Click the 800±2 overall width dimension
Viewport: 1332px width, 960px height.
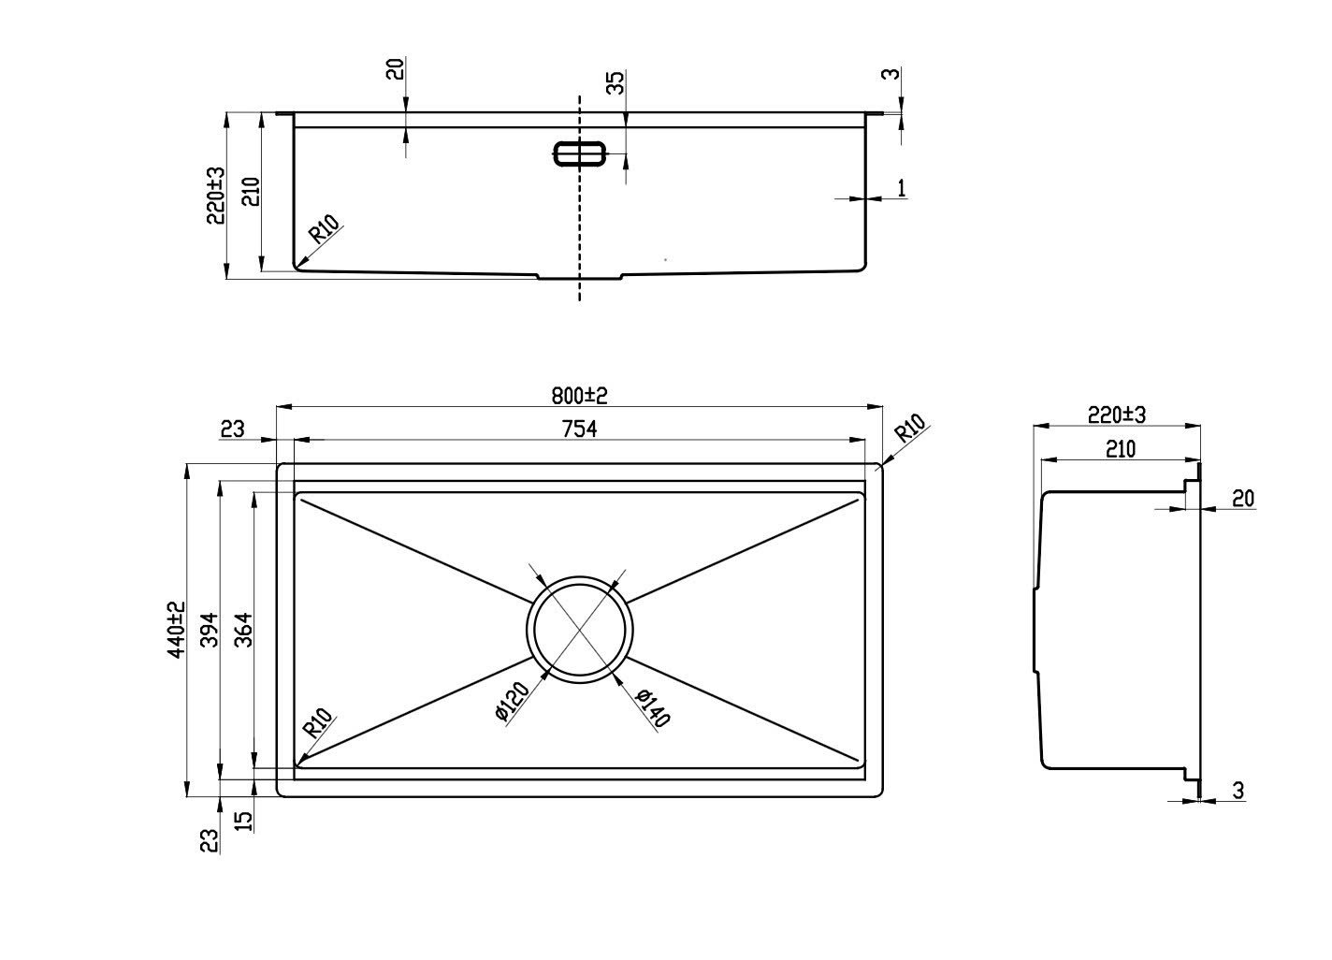tap(579, 396)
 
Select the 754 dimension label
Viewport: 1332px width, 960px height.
tap(579, 429)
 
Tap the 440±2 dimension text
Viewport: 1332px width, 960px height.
tap(177, 630)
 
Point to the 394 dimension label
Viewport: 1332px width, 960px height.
tap(210, 630)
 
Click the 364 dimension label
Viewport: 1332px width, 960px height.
tap(244, 630)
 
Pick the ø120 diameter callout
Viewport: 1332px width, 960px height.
tap(512, 702)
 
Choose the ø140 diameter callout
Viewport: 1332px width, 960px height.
tap(652, 707)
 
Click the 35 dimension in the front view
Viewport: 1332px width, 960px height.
tap(616, 82)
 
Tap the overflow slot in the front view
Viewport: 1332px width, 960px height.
tap(579, 153)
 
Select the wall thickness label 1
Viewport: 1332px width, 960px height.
tap(902, 188)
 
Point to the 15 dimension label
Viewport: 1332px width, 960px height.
tap(244, 822)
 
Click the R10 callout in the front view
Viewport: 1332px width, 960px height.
tap(325, 229)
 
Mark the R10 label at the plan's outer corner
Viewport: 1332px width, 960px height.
tap(910, 428)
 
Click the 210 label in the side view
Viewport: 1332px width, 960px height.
tap(1121, 449)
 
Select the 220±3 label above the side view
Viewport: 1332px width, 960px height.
tap(1116, 415)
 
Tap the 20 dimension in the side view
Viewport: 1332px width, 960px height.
tap(1243, 499)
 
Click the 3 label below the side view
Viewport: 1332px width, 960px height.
tap(1238, 791)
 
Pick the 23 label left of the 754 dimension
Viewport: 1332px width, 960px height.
tap(232, 429)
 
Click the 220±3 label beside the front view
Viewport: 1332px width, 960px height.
tap(215, 196)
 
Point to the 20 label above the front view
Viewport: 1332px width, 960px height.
tap(396, 69)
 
